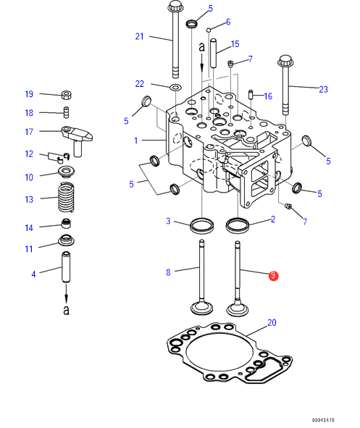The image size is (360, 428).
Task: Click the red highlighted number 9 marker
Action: [273, 276]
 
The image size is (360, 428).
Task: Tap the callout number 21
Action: [139, 36]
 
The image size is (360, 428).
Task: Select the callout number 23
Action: [324, 89]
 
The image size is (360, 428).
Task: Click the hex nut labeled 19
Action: [67, 95]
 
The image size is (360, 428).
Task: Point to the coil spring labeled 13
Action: [66, 197]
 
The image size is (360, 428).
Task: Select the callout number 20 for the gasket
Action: [272, 323]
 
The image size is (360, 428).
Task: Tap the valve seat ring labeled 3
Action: [201, 225]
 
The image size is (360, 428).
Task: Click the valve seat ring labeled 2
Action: [238, 225]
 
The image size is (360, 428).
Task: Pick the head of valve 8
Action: [201, 308]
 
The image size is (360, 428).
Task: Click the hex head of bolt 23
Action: [285, 61]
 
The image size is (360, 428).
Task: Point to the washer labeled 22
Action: [176, 88]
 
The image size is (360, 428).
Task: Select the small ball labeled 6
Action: [209, 30]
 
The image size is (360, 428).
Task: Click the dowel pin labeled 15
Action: [213, 53]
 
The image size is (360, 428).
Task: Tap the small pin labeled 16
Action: [251, 95]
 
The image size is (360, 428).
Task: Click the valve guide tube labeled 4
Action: [66, 267]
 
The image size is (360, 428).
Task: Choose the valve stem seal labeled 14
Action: [67, 223]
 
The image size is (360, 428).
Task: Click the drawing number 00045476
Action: [323, 420]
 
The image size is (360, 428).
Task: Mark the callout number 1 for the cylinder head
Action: [136, 140]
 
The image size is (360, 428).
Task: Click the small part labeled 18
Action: [67, 112]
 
